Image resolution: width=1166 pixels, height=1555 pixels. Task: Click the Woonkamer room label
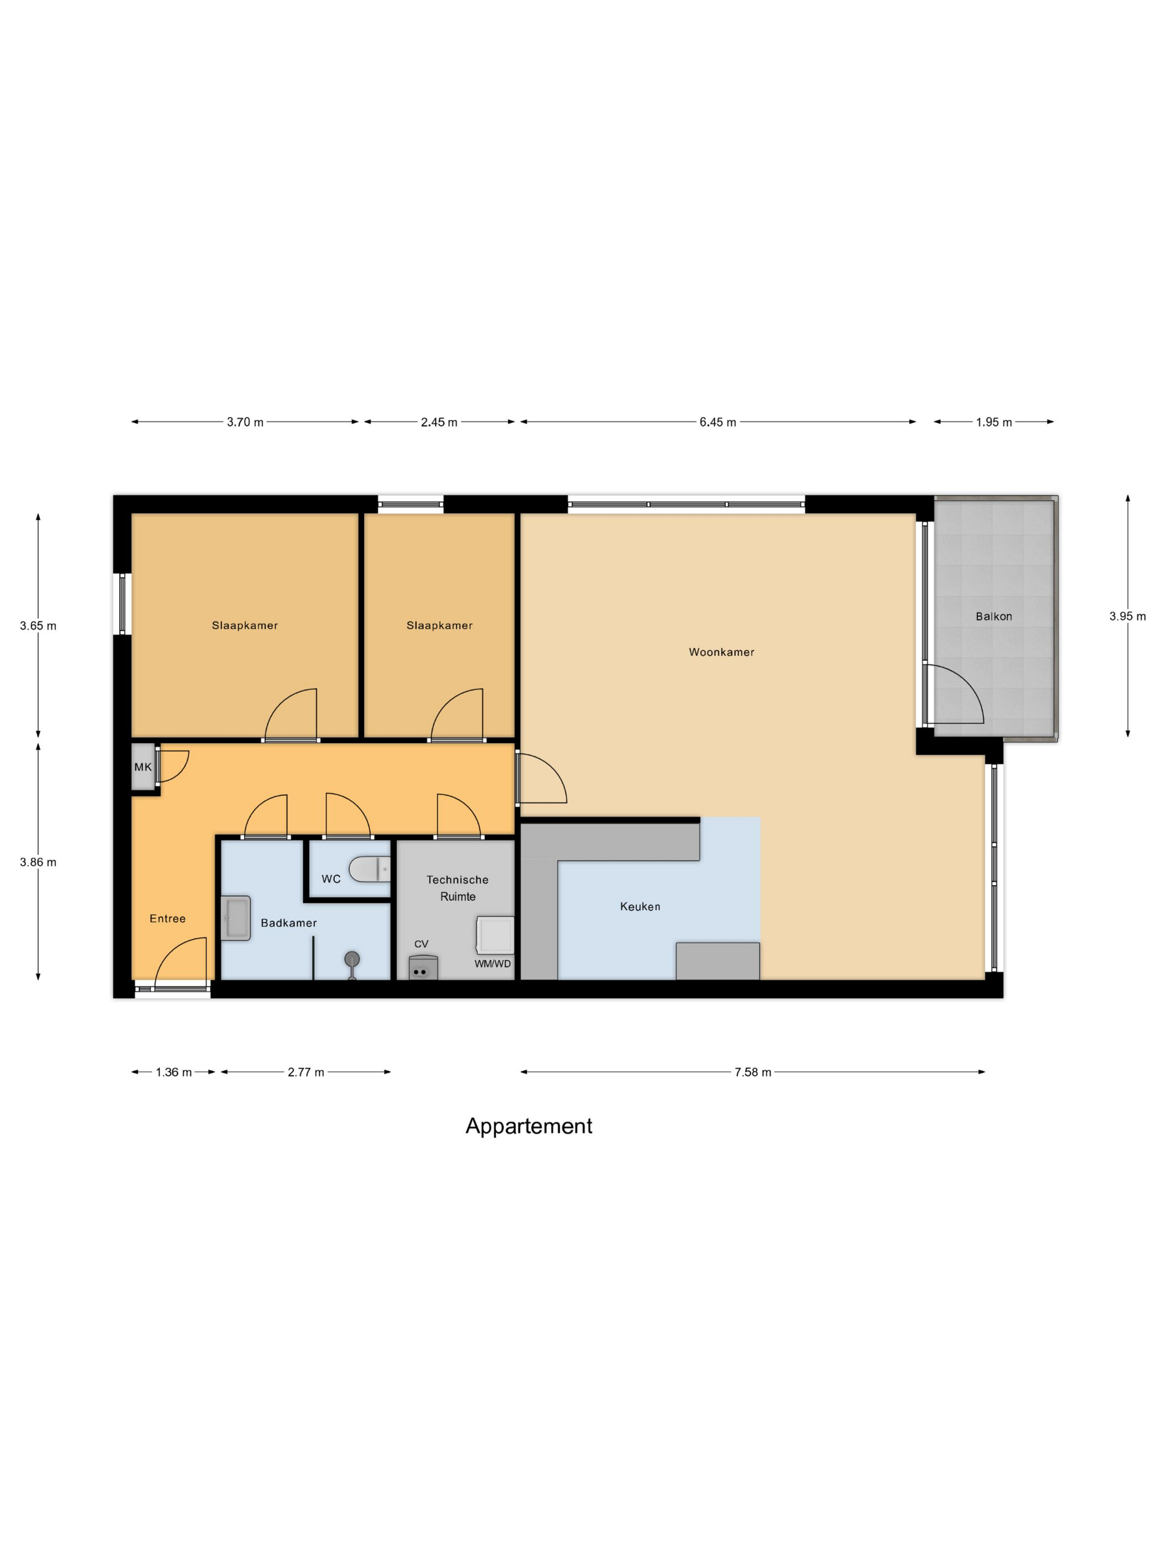click(x=721, y=651)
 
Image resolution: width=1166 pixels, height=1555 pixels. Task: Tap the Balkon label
click(x=993, y=616)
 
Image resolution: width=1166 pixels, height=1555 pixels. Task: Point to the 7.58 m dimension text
click(x=752, y=1071)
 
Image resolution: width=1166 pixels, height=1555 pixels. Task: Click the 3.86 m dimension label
click(x=38, y=861)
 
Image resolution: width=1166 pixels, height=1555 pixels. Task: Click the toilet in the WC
click(x=369, y=869)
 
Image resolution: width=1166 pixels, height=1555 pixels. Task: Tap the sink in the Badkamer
click(x=235, y=917)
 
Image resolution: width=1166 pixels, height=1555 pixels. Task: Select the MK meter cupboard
click(x=143, y=767)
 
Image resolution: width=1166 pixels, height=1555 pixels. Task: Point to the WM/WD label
click(x=492, y=963)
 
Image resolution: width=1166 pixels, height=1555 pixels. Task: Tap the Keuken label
click(x=640, y=906)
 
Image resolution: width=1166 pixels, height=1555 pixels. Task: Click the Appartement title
click(x=529, y=1126)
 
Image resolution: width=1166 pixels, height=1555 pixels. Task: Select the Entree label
click(x=167, y=918)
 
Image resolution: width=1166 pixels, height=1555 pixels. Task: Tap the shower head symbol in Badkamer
click(x=352, y=960)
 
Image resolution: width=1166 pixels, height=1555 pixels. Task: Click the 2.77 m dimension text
click(x=306, y=1071)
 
